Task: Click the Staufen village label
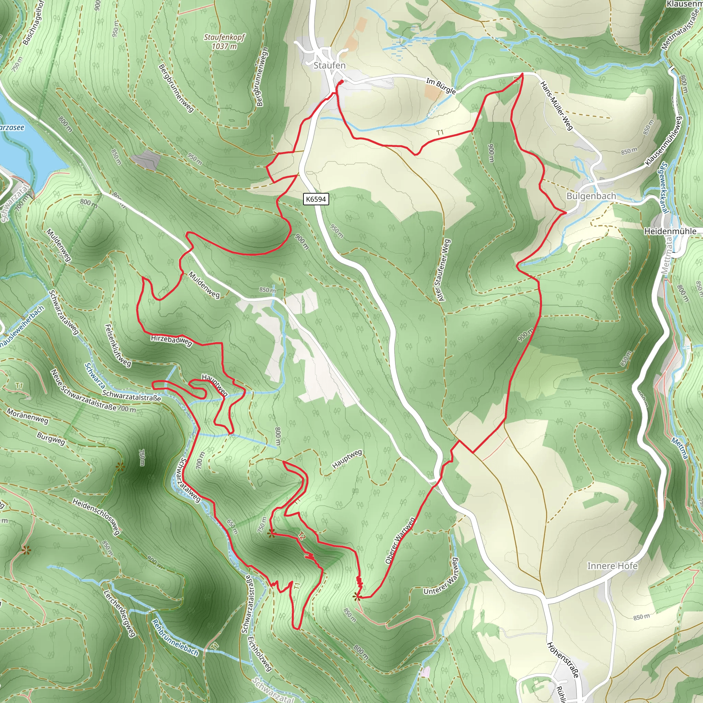329,66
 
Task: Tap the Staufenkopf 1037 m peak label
224,42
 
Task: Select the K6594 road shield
316,199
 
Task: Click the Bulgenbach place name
591,196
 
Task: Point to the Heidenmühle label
670,231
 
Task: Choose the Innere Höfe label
612,566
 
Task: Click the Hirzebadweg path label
171,341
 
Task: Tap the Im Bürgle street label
441,86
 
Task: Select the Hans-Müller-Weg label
556,105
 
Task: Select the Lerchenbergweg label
119,613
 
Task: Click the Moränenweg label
27,416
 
